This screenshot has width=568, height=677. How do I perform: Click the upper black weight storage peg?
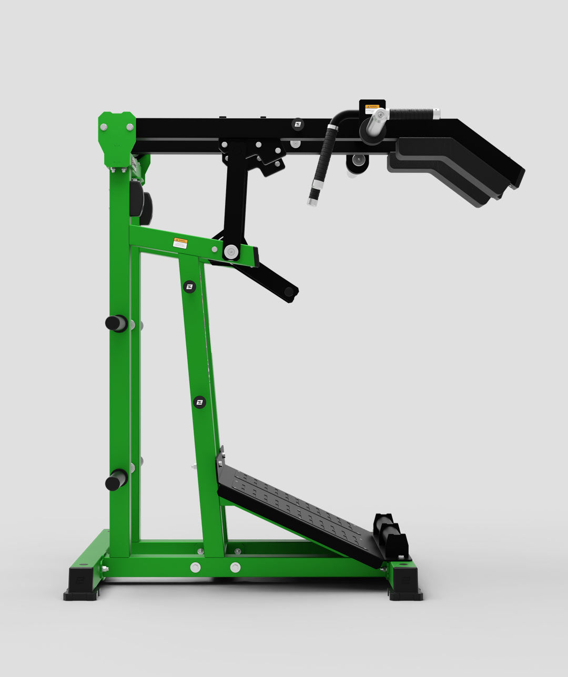116,323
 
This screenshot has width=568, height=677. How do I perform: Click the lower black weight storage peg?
116,480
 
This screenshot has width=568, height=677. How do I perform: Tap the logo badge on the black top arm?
298,124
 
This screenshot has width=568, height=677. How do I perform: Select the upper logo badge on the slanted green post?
189,286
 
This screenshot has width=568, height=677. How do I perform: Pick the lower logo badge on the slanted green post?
199,403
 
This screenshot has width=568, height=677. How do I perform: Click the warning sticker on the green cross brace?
180,243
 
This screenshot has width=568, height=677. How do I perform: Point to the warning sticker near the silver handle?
372,108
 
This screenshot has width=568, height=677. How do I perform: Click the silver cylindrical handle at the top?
377,121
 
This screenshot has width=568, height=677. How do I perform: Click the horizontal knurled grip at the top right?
412,114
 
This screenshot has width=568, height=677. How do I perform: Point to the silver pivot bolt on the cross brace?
231,251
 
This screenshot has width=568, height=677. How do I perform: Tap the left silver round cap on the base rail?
195,567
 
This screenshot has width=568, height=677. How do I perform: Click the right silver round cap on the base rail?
235,567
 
